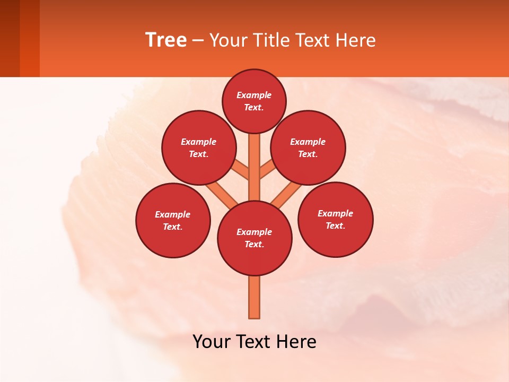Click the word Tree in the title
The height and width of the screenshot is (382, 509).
point(166,40)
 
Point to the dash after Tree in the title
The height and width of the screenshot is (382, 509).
point(198,40)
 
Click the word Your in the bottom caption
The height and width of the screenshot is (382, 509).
point(212,341)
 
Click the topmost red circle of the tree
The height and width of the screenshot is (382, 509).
point(254,101)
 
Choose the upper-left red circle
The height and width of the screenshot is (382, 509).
point(198,147)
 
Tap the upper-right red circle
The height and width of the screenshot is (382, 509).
point(308,147)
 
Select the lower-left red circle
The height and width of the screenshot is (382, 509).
point(173,220)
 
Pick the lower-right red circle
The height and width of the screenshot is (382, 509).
point(335,219)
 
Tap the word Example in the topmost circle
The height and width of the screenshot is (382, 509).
point(254,95)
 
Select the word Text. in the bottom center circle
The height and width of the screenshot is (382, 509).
point(254,244)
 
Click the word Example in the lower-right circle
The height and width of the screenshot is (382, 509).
point(335,213)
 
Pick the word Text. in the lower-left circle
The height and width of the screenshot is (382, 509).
point(173,227)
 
